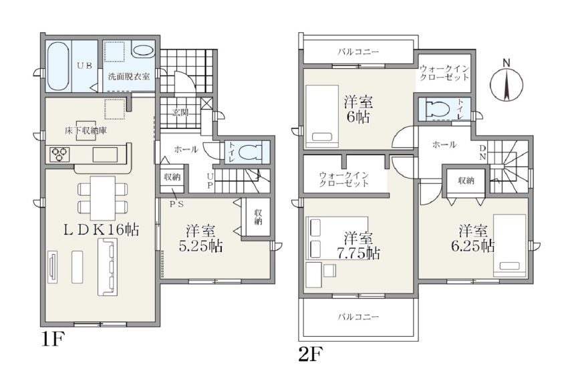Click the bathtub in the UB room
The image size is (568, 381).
pos(59,67)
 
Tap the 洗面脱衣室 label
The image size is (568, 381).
pos(129,77)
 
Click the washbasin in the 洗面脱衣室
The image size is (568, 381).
pos(142,51)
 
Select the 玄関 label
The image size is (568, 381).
pos(180,112)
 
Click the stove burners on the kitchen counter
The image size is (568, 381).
pos(59,154)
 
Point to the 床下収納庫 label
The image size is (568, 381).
pos(86,131)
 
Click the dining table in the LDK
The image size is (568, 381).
pos(103,197)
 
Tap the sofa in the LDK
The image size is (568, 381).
pos(108,268)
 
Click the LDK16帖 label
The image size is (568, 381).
pos(101,229)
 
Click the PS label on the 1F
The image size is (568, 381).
pos(177,204)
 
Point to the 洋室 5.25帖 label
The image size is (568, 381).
pos(200,238)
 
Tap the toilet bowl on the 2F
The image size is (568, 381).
pos(438,108)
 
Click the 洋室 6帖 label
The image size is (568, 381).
pos(358,110)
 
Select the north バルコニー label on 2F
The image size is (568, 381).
pos(358,52)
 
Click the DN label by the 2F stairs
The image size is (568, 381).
pos(483,152)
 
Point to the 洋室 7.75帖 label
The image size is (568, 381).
pos(358,245)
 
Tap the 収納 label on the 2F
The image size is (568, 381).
pos(466,180)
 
